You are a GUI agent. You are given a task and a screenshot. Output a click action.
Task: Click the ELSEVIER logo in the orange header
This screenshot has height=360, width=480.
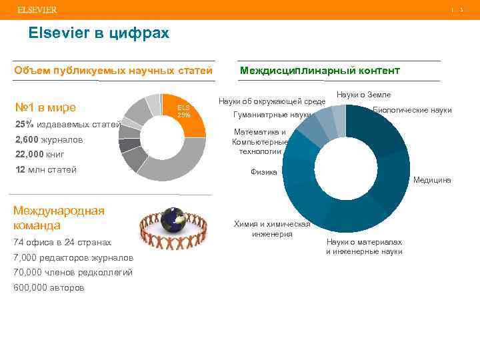pos(37,10)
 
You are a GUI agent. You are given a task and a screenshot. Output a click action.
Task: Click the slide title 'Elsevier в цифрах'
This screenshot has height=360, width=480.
pos(99,33)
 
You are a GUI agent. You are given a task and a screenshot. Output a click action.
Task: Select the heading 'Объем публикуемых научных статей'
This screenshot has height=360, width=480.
pos(113,70)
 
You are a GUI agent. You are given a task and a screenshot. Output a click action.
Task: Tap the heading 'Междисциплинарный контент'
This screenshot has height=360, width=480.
pos(319,70)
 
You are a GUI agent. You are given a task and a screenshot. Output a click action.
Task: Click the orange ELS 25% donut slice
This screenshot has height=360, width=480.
pos(183,113)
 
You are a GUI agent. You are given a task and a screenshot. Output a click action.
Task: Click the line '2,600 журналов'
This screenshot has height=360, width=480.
pos(48,140)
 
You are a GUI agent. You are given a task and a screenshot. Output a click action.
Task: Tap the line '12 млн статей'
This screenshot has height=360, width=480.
pos(45,169)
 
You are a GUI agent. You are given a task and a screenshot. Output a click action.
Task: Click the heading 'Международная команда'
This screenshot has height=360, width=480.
pos(59,217)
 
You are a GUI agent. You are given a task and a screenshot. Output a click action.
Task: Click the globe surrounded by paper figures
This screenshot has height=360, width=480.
pos(175,221)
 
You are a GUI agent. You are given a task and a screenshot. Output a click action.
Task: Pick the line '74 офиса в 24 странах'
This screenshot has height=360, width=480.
pos(62,243)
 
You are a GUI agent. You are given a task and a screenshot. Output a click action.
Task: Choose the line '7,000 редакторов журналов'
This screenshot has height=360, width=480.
pos(73,258)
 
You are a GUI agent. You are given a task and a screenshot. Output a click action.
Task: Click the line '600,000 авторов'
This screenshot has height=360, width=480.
pos(49,287)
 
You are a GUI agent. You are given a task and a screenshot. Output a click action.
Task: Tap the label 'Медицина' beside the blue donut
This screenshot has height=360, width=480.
pos(432,180)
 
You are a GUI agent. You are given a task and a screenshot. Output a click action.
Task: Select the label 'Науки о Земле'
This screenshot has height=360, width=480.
pos(364,95)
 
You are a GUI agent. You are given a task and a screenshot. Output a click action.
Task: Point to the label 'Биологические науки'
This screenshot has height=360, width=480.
pos(412,110)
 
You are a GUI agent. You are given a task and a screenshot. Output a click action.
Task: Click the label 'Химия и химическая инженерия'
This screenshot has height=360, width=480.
pos(272,229)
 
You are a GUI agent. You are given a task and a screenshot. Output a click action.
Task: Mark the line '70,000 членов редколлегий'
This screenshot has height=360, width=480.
pos(73,272)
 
